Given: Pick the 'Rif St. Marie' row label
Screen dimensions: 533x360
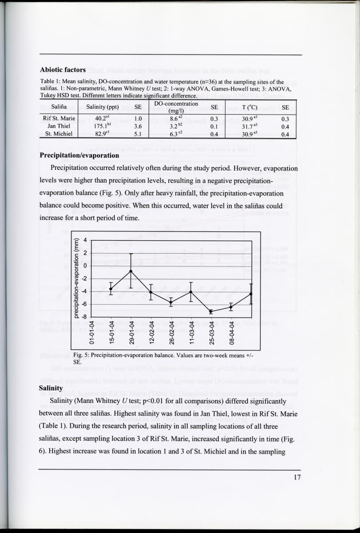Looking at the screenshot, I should (59, 119).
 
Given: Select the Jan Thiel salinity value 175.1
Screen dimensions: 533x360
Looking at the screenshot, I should (101, 126).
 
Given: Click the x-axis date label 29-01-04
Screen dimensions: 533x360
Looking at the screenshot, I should (131, 331).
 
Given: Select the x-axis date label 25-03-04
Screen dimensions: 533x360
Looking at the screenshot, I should (211, 331).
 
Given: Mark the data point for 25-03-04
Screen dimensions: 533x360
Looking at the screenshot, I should (211, 312).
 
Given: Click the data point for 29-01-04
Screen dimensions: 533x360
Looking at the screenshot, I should (131, 271).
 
